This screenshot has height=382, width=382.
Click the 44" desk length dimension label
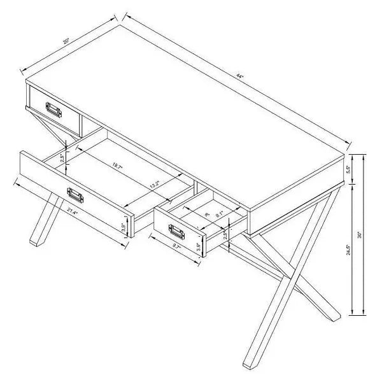[239, 76]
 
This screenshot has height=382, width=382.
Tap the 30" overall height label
[360, 234]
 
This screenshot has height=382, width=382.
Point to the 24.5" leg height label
[347, 250]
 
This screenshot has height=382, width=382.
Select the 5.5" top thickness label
[347, 170]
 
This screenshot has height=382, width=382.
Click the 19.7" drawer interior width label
[117, 166]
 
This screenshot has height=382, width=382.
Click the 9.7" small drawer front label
[177, 244]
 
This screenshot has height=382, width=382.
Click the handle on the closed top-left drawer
[53, 111]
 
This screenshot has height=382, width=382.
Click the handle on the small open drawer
[172, 230]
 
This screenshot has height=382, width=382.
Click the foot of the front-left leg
[35, 242]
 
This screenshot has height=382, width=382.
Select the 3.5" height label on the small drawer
[198, 247]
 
